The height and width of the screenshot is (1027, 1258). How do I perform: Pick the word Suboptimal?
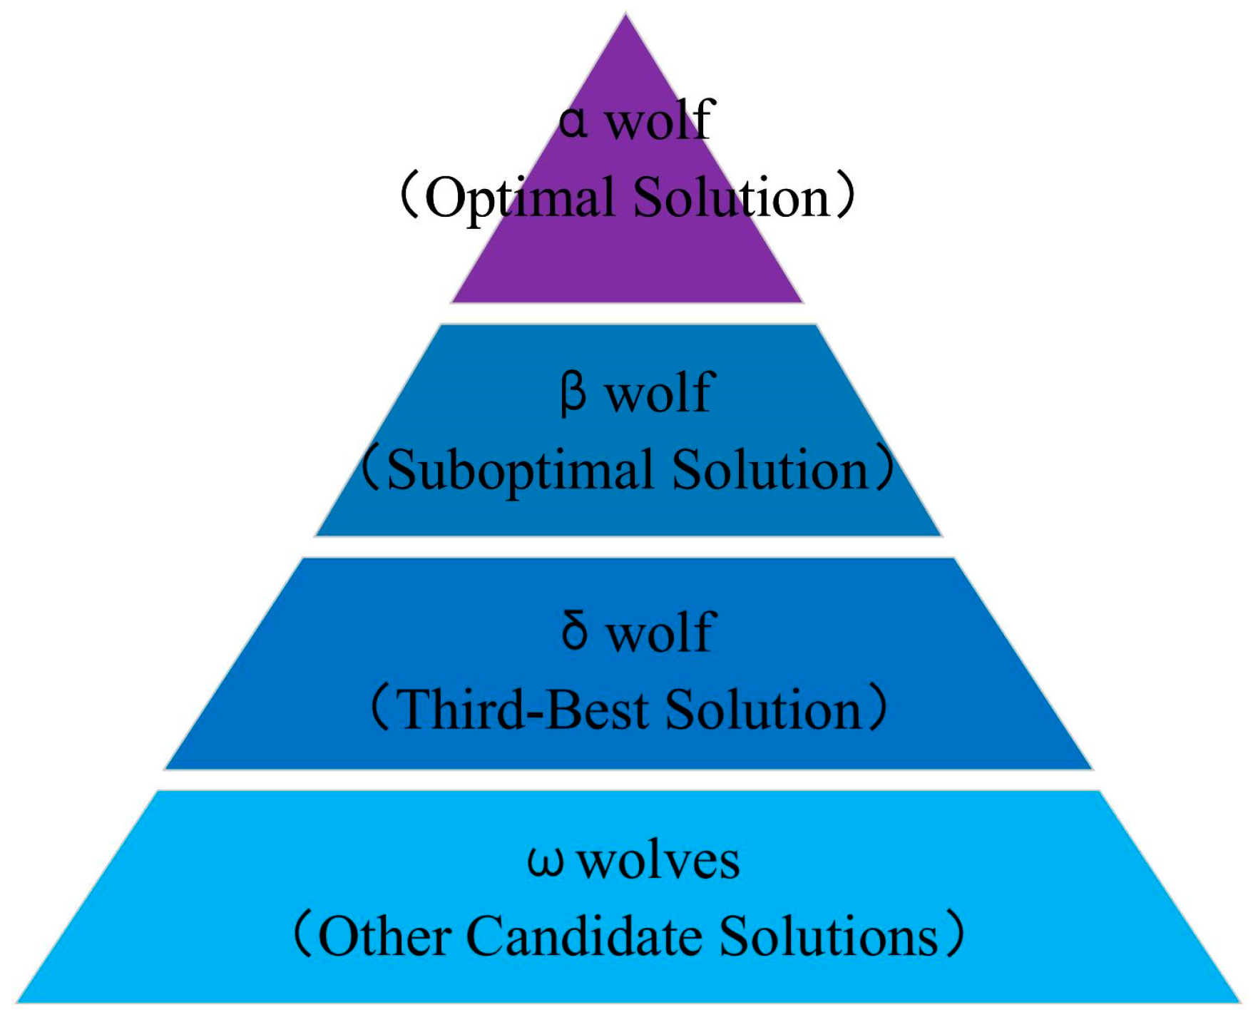click(520, 471)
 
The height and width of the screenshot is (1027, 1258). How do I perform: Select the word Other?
click(384, 936)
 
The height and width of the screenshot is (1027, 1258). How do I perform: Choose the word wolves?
click(658, 861)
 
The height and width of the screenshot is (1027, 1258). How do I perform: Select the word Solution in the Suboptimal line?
click(770, 471)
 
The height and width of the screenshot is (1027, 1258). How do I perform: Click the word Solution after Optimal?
click(731, 198)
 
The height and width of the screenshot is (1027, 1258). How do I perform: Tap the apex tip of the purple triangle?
click(625, 16)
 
